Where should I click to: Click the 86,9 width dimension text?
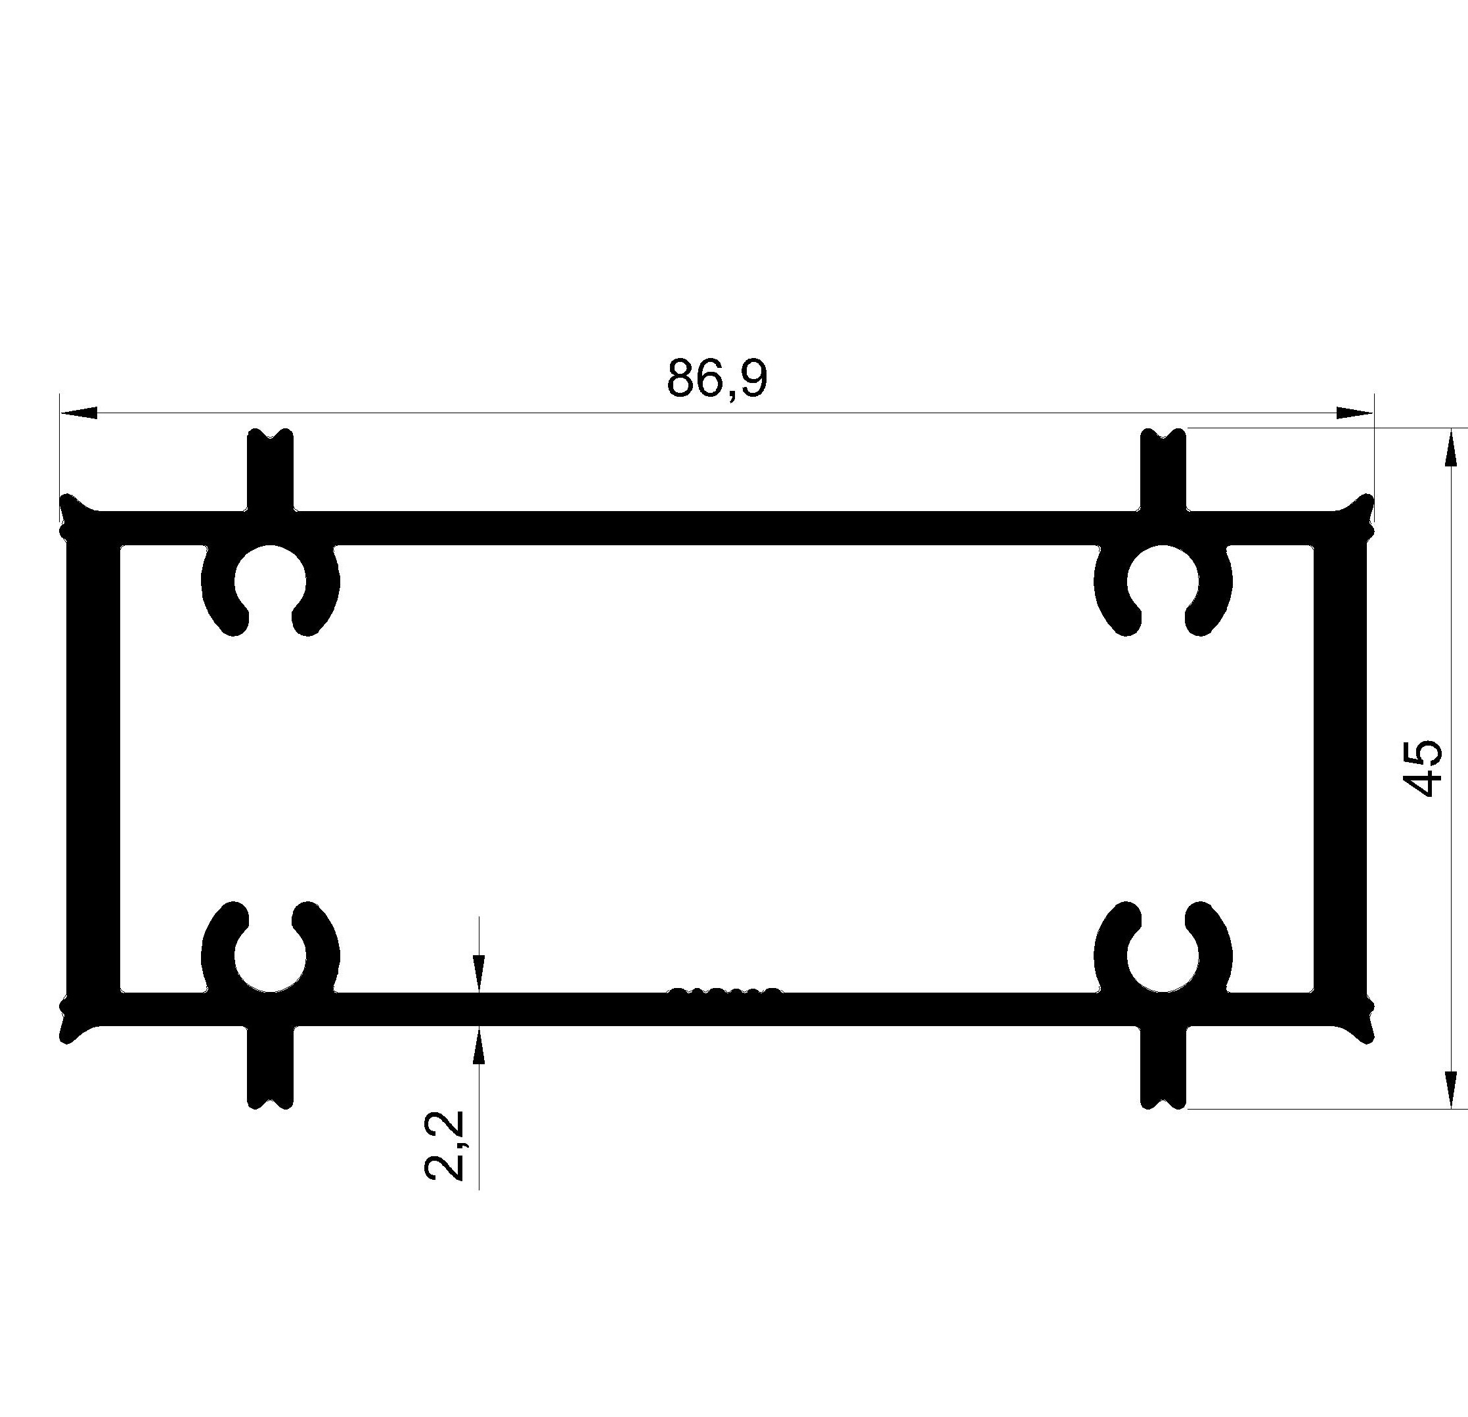(717, 379)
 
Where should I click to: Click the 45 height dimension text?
(1421, 768)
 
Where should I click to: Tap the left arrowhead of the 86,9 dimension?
(78, 413)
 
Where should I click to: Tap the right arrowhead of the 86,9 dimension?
(1356, 413)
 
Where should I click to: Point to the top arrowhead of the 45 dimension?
(1451, 447)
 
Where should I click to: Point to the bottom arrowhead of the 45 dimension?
(1451, 1090)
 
